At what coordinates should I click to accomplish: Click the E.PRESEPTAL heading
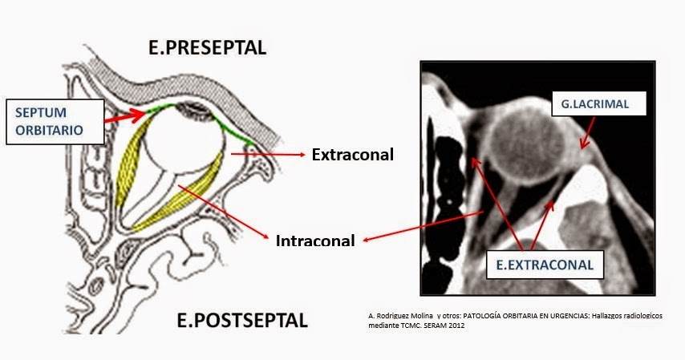point(207,47)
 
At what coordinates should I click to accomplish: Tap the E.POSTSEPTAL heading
point(241,322)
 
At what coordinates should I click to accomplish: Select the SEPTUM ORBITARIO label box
point(55,122)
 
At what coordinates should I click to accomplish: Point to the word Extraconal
point(352,155)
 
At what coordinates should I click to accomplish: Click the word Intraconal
point(314,240)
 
